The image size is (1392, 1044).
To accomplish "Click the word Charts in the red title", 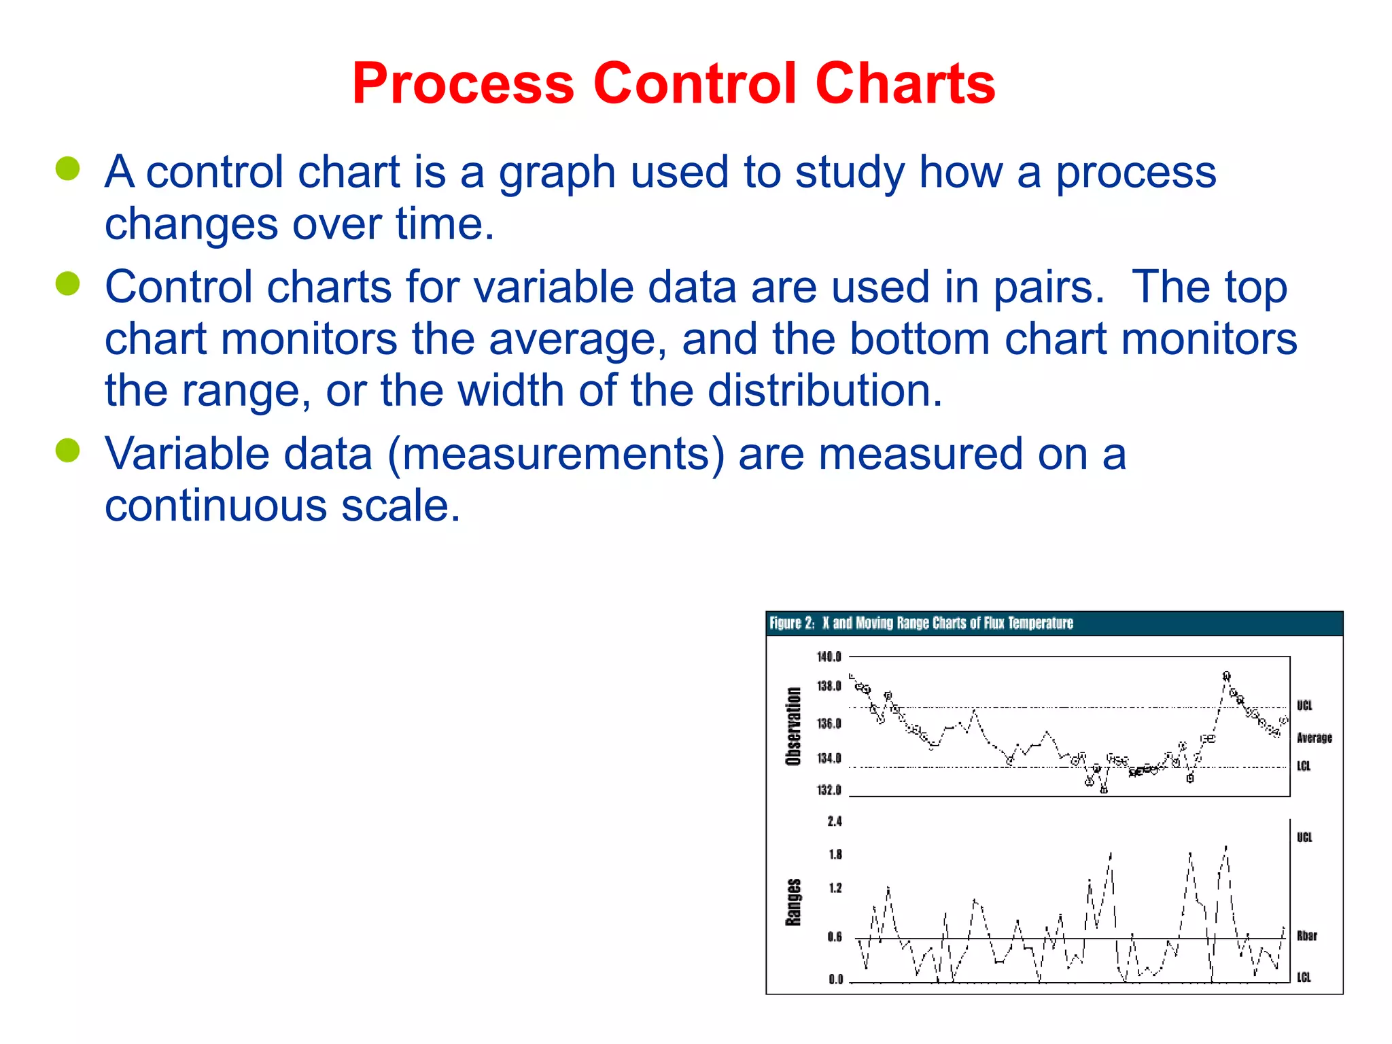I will coord(905,84).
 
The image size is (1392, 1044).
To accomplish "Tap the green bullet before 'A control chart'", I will coord(68,169).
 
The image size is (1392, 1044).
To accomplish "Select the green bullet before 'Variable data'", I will coord(68,450).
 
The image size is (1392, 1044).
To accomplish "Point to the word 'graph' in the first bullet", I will coord(557,173).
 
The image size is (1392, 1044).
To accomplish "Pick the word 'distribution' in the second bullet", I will coord(824,391).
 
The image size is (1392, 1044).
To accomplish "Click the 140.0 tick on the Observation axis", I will coord(829,657).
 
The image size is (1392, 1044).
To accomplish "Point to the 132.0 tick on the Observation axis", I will coord(829,790).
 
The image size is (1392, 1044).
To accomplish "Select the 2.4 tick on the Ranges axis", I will coord(835,821).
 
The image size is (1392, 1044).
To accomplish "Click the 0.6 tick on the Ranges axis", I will coord(835,937).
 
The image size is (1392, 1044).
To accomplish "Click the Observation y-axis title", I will coord(793,726).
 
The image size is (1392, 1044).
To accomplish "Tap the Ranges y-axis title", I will coord(793,902).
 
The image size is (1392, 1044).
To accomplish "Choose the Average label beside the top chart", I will coord(1314,737).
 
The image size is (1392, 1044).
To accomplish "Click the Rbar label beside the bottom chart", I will coord(1306,935).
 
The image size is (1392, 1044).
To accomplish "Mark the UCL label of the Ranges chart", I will coord(1304,837).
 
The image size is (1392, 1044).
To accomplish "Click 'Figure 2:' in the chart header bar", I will coord(791,623).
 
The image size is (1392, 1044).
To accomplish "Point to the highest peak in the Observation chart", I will coord(1226,676).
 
